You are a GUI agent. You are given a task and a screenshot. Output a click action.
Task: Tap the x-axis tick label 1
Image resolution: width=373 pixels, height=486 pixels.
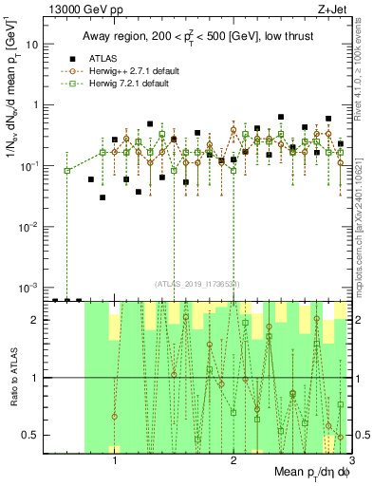[x=115, y=461]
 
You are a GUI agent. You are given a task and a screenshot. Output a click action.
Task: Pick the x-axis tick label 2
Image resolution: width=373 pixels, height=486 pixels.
[x=233, y=461]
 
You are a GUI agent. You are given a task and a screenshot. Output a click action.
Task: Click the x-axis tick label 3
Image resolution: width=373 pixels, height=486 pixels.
[x=351, y=461]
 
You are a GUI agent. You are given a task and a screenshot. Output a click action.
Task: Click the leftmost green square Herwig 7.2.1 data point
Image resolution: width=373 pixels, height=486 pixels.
[x=67, y=171]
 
